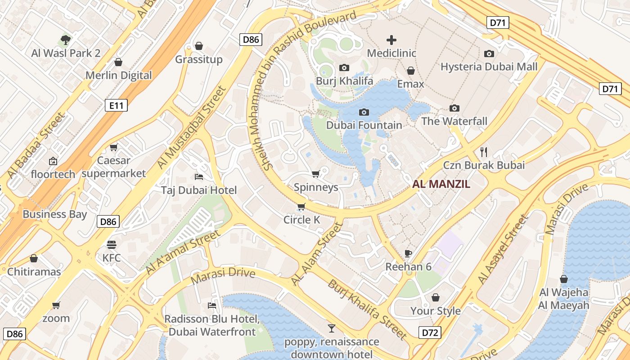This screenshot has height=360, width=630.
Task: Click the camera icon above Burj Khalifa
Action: click(344, 68)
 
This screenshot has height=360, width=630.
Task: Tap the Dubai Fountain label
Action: click(364, 125)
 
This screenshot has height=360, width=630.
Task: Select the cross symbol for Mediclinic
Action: click(391, 40)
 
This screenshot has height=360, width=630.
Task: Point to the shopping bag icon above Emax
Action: click(410, 71)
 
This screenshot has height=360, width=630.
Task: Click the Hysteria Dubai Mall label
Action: click(489, 67)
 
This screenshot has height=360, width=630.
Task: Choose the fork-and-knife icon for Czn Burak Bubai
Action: click(484, 151)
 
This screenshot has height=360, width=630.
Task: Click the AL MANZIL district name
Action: click(441, 184)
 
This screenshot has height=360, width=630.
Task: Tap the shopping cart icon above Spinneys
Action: click(315, 174)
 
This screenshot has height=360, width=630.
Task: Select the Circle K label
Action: click(301, 220)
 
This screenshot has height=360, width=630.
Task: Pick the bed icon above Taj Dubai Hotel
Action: click(198, 176)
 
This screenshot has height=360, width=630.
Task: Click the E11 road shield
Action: click(116, 105)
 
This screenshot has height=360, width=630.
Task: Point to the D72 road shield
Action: click(430, 333)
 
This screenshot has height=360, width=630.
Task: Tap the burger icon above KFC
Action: click(112, 245)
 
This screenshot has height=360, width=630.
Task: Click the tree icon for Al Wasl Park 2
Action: click(66, 40)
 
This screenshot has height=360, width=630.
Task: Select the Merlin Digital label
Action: click(119, 75)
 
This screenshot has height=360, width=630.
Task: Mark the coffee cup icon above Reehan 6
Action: click(408, 253)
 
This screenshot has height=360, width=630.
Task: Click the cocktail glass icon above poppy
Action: click(332, 328)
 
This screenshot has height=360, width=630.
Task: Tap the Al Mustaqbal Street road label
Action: click(191, 128)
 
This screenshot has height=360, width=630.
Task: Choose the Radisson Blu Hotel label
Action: click(212, 325)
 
